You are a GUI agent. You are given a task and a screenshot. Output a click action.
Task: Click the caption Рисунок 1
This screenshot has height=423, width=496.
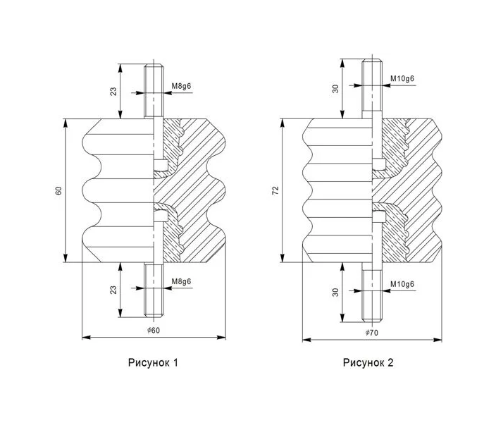pos(153,362)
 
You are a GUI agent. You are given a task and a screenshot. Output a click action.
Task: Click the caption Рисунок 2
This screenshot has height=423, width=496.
pos(368,362)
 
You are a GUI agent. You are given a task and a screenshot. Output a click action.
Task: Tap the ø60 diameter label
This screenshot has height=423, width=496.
pos(154,331)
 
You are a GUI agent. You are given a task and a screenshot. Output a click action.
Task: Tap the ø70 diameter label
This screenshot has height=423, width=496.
pos(372,333)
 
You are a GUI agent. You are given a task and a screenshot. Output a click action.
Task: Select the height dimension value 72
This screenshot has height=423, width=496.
pos(276,190)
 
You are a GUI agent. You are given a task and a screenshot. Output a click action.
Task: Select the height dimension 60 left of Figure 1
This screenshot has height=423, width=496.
pos(58,190)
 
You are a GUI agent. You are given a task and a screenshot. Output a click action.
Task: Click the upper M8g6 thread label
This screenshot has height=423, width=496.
pos(181,86)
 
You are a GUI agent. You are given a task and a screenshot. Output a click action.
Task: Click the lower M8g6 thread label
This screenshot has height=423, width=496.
pos(181,281)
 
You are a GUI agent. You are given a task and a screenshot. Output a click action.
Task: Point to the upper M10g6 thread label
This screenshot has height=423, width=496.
pos(402,78)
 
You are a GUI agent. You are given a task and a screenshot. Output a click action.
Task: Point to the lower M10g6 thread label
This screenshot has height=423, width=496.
pos(402,284)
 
